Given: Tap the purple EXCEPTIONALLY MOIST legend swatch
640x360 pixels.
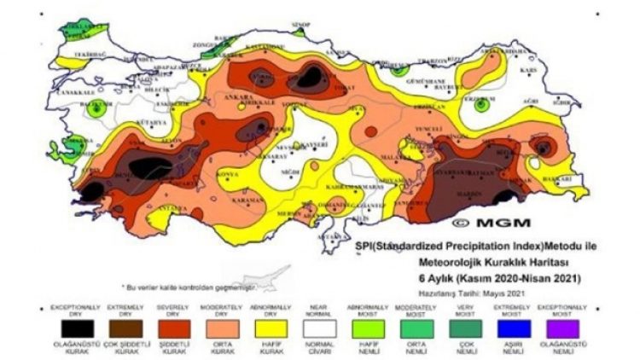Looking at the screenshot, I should [560, 327].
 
